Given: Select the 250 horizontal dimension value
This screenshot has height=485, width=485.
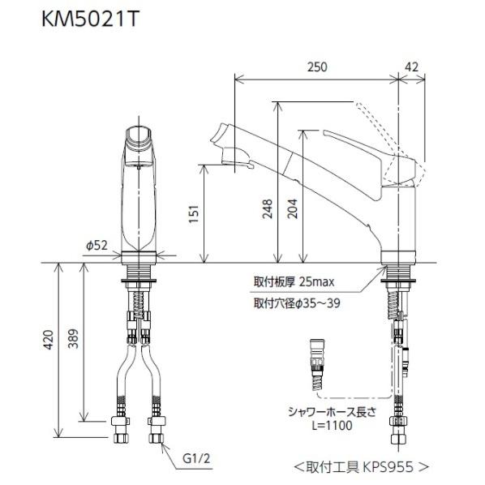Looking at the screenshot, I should [x=318, y=68].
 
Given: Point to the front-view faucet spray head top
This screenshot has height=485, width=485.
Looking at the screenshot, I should [x=139, y=135].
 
